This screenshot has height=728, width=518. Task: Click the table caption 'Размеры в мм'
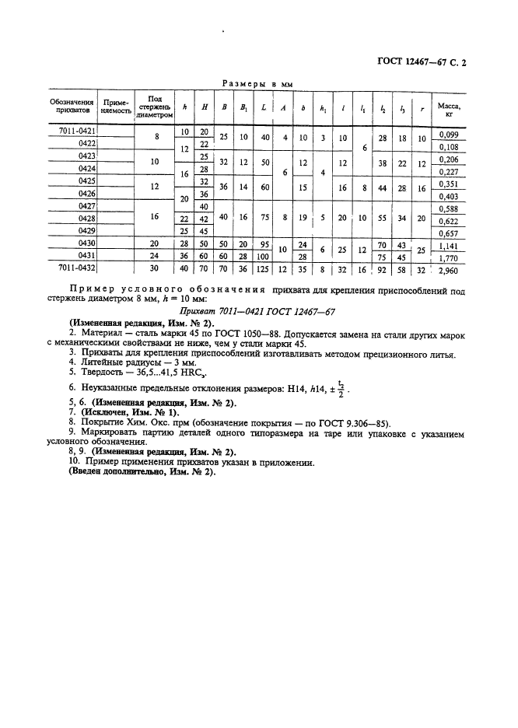(257, 83)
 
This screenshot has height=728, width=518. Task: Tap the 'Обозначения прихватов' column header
(72, 107)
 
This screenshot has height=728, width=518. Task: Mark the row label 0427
(86, 206)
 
